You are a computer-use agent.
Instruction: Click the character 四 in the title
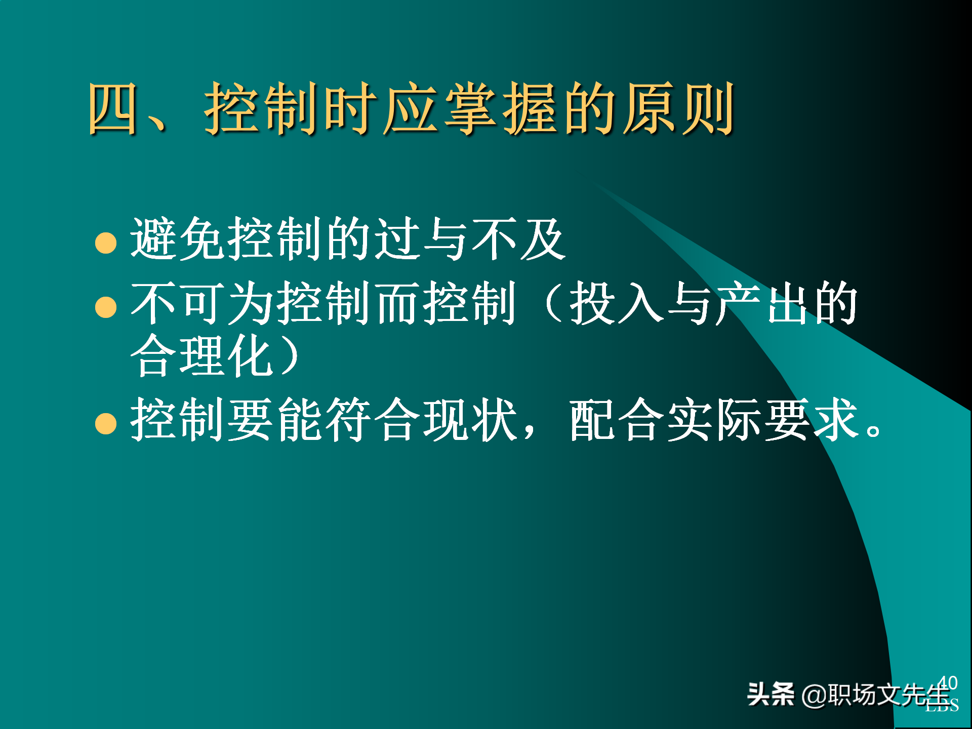[x=112, y=109]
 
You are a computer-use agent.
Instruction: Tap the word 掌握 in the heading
[x=501, y=109]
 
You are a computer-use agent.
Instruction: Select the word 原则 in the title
[x=678, y=109]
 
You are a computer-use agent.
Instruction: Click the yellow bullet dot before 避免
[x=106, y=242]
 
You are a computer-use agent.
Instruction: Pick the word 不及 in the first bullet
[x=517, y=239]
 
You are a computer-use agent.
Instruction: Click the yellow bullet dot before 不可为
[x=106, y=307]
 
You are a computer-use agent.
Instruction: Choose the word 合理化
[x=202, y=355]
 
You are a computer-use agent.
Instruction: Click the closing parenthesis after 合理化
[x=289, y=355]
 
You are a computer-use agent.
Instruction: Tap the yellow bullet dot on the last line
[x=106, y=423]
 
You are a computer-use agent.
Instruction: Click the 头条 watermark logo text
[x=771, y=694]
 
